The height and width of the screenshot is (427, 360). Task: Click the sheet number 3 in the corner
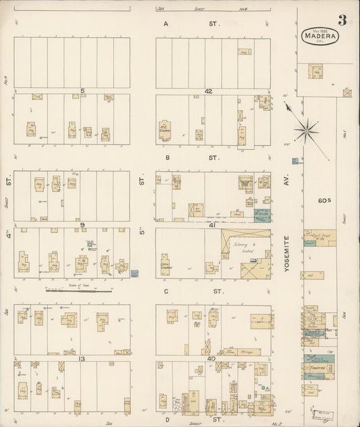(x=342, y=20)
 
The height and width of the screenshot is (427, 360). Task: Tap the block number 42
(x=209, y=90)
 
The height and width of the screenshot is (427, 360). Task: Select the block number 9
(x=81, y=225)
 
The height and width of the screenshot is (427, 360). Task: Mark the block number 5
(x=81, y=90)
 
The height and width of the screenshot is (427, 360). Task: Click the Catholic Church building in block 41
(x=165, y=263)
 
